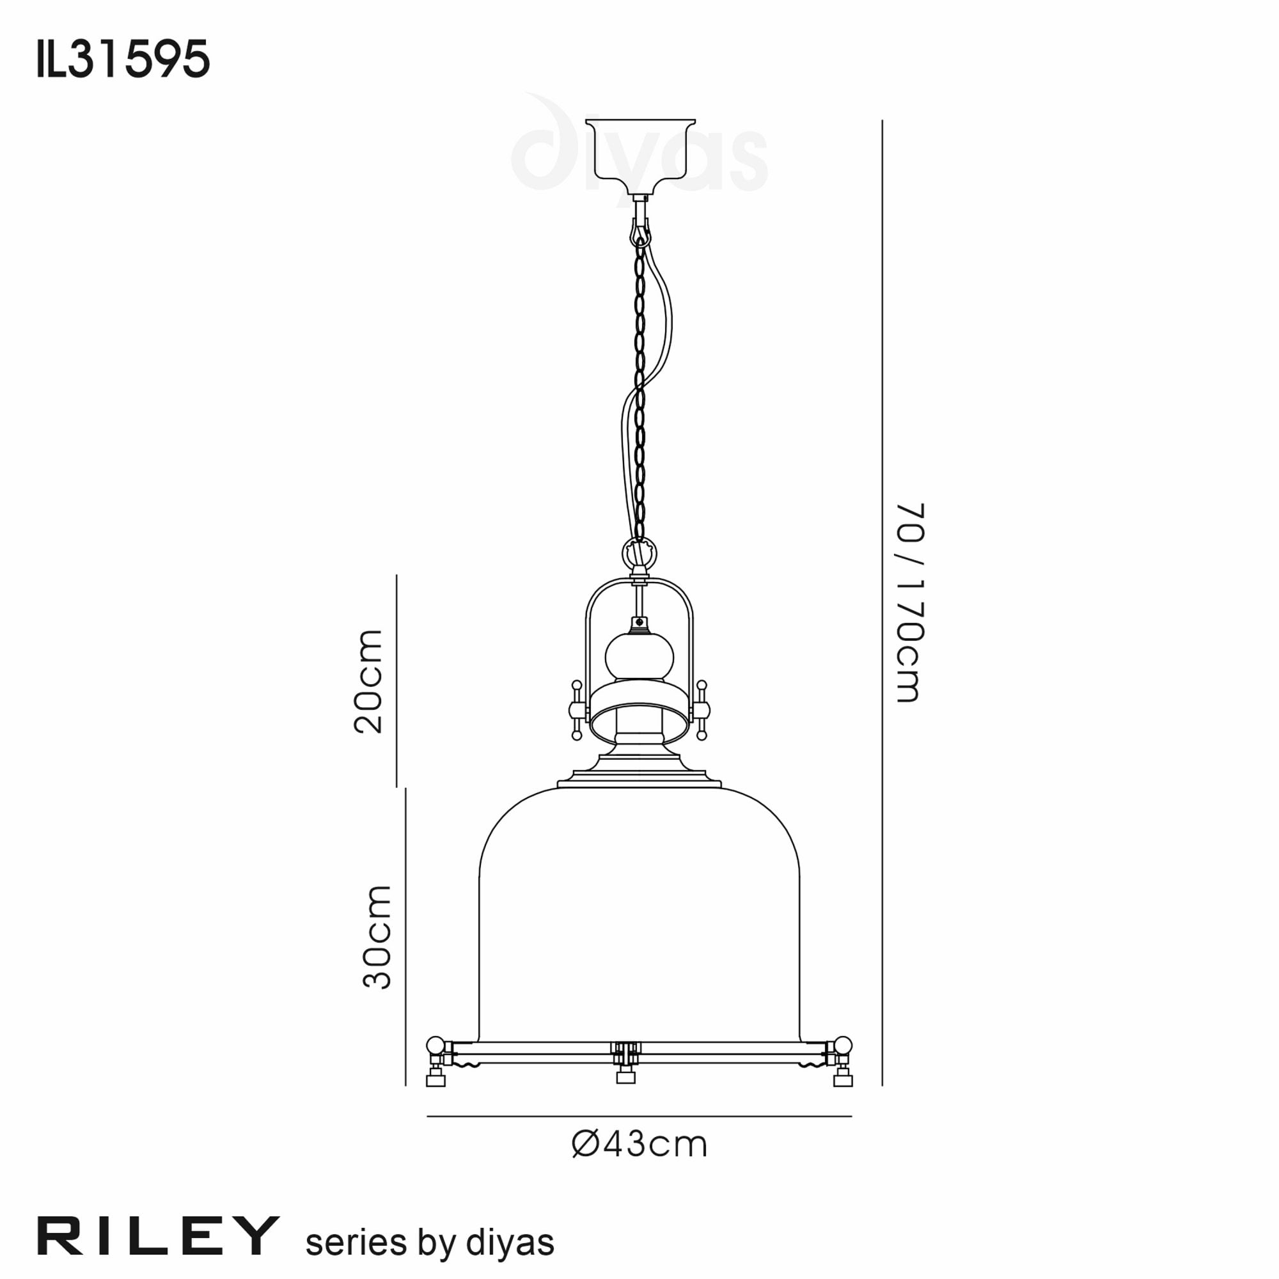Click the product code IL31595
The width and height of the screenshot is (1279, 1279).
pyautogui.click(x=123, y=59)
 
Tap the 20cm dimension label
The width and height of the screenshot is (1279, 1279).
pyautogui.click(x=368, y=681)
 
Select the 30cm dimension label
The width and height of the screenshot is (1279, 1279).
pyautogui.click(x=377, y=936)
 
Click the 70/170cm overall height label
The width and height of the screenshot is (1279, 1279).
pyautogui.click(x=909, y=602)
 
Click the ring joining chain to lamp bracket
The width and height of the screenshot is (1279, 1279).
pyautogui.click(x=639, y=551)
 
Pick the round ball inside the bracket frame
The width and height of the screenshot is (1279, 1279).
pyautogui.click(x=639, y=657)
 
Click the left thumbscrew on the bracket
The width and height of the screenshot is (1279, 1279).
pyautogui.click(x=577, y=710)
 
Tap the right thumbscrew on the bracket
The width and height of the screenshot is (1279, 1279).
pyautogui.click(x=701, y=710)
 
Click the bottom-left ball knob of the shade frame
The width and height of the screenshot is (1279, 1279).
pyautogui.click(x=435, y=1046)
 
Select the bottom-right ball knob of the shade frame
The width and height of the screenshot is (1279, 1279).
pyautogui.click(x=843, y=1046)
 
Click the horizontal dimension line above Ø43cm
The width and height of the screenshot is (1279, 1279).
pyautogui.click(x=639, y=1117)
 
